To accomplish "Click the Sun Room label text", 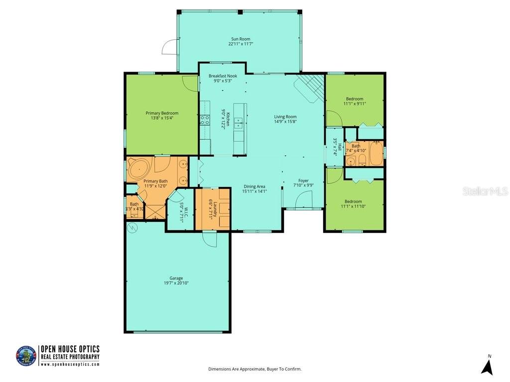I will (x=240, y=39).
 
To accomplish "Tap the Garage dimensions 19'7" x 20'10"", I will (x=176, y=283).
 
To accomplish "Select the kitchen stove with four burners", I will (x=204, y=120).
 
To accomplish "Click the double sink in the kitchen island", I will (x=239, y=122).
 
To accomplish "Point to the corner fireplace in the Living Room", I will (x=309, y=88).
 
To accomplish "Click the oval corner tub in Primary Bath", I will (x=139, y=167).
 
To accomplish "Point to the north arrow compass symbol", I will (x=488, y=366).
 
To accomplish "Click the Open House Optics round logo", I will (x=26, y=356).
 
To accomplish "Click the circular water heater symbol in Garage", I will (x=132, y=228).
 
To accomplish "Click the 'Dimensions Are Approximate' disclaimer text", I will (x=255, y=369).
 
